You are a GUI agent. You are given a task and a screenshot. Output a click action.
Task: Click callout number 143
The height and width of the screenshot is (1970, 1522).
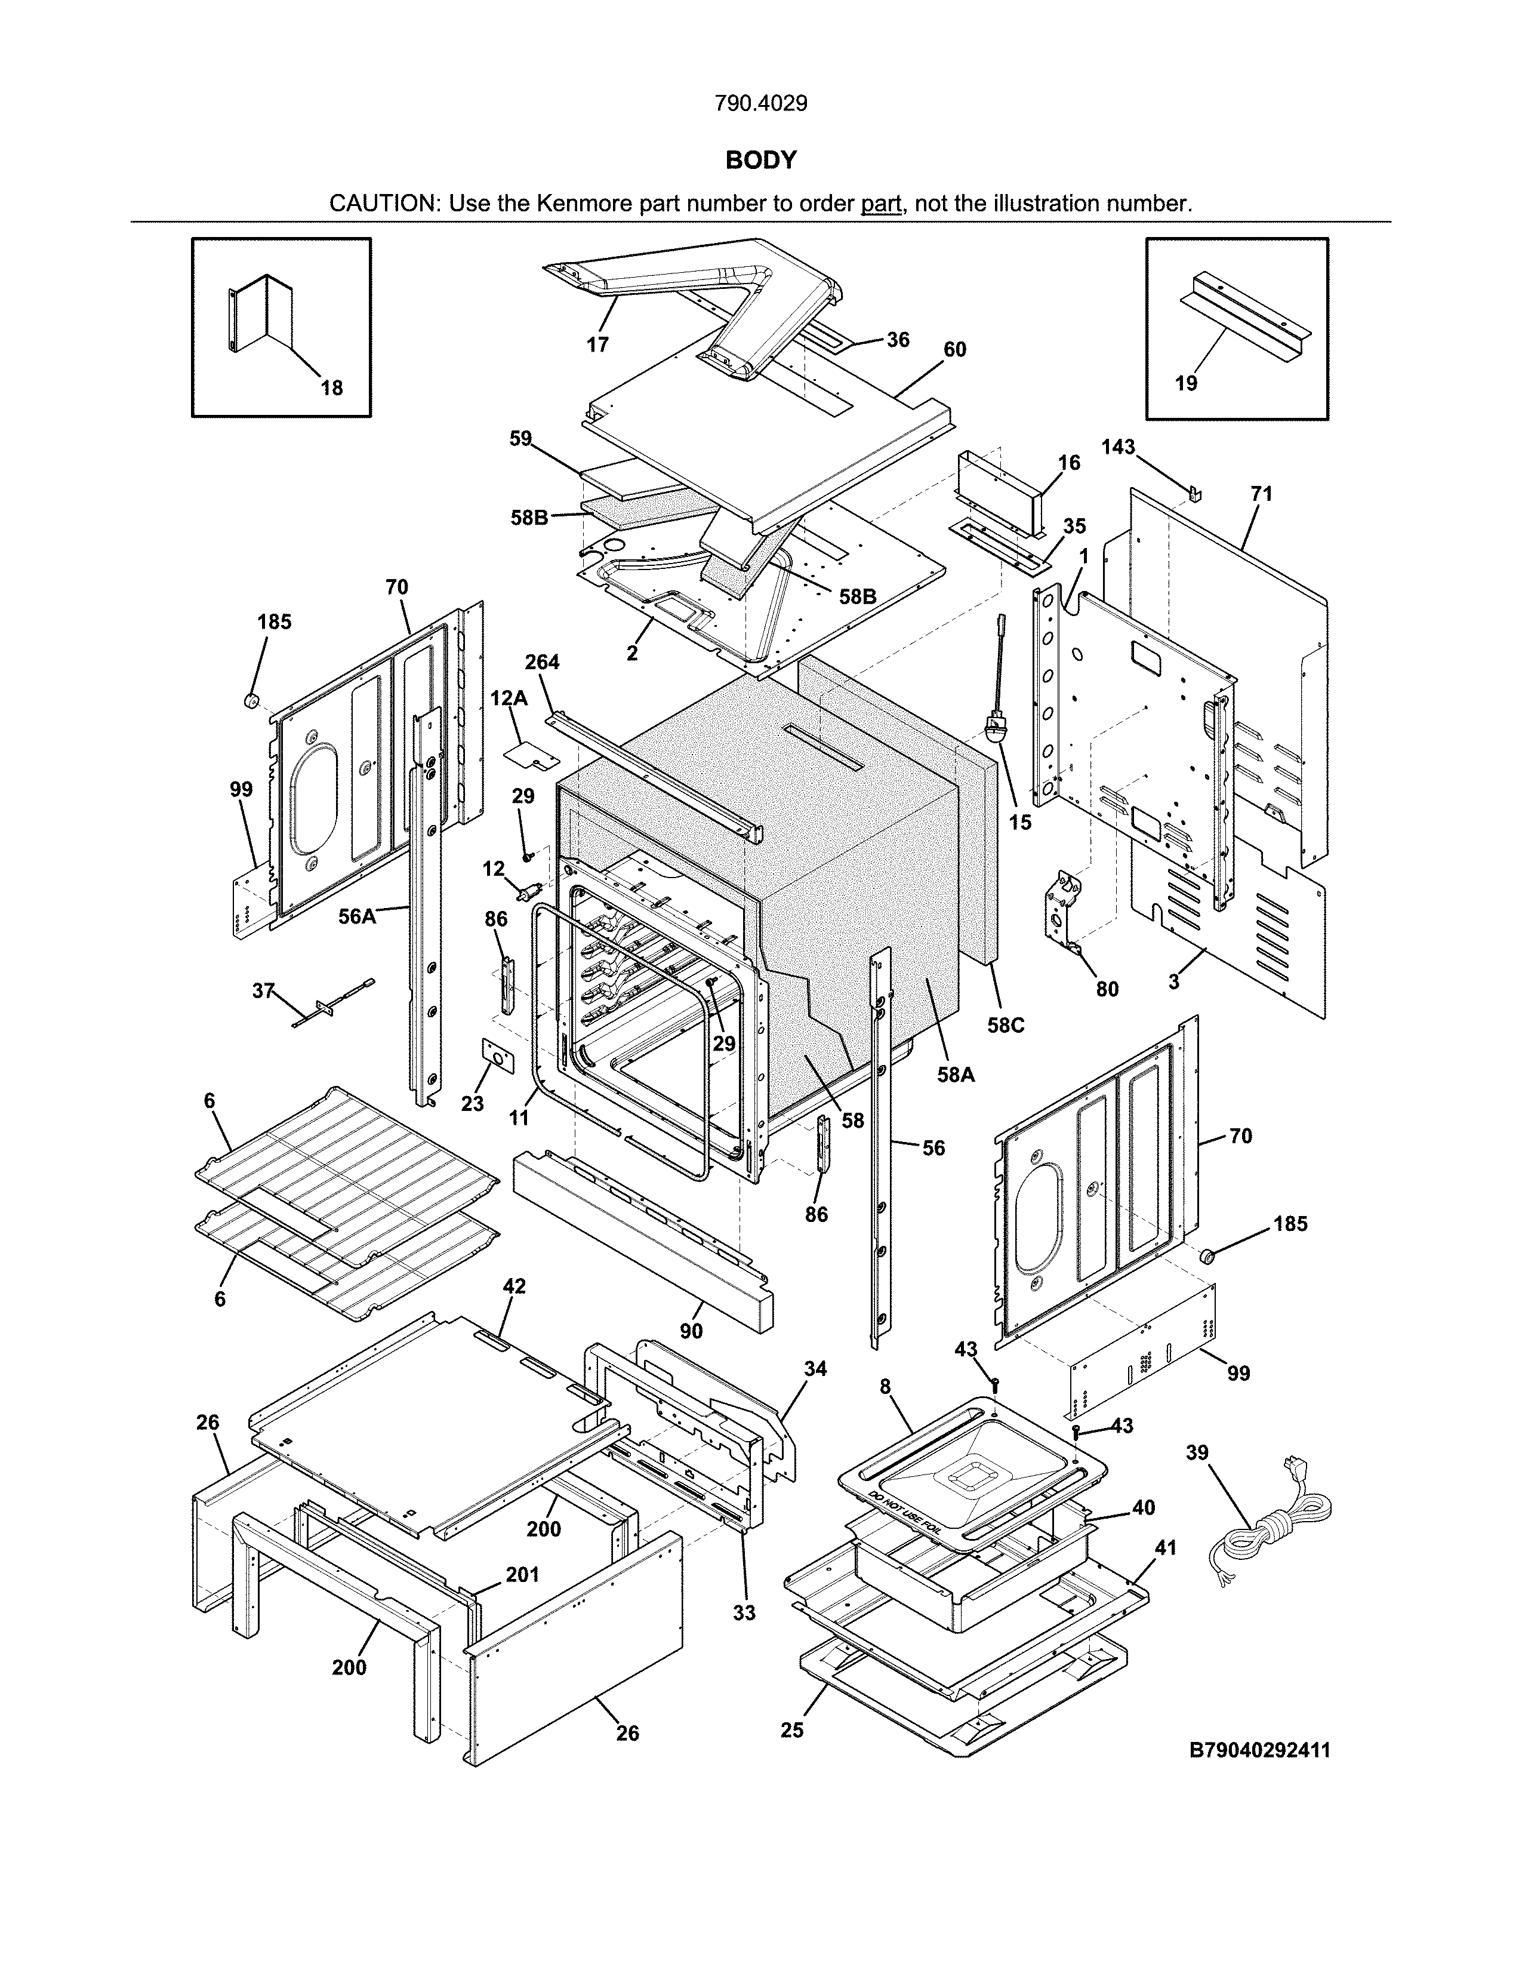point(1117,447)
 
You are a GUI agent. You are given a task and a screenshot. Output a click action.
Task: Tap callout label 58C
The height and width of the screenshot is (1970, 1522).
point(1005,1026)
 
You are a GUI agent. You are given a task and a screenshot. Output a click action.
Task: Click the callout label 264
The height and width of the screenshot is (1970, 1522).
point(542,662)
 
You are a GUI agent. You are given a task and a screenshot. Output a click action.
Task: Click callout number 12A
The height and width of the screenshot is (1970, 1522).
point(509,698)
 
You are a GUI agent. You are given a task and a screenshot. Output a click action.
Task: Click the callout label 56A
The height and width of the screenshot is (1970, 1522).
point(357,916)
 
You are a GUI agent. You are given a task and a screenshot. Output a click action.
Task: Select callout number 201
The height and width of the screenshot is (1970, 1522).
point(522,1575)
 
